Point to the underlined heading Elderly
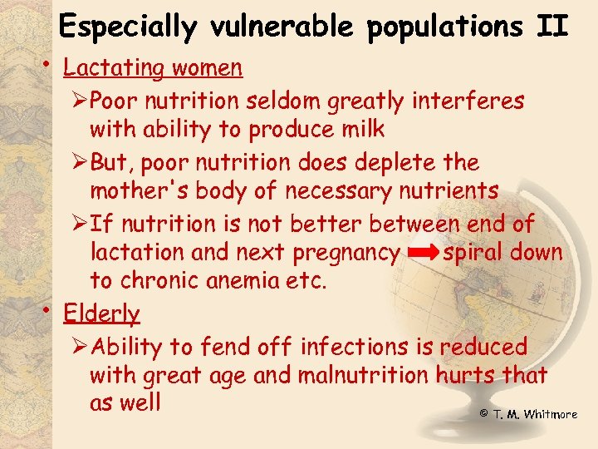[x=101, y=313]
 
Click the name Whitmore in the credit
[x=551, y=414]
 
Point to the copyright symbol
[x=483, y=413]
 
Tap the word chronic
[x=154, y=280]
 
